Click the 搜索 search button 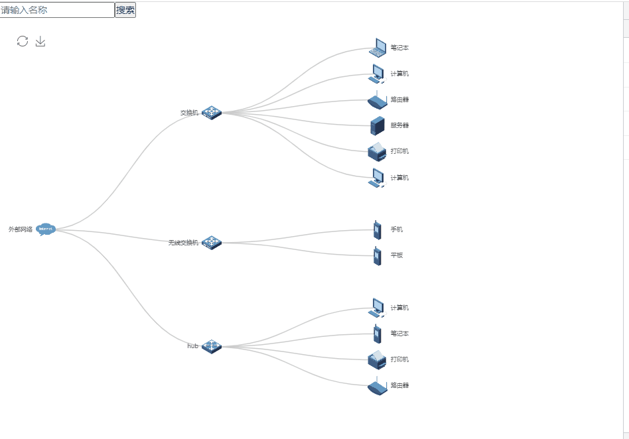125,10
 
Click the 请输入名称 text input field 57,10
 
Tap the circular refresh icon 23,42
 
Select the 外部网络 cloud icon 45,229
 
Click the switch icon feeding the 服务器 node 212,113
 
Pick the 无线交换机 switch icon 212,243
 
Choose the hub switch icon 212,346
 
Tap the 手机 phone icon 377,229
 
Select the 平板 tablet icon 377,256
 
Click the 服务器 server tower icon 378,125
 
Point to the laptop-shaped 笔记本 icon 378,48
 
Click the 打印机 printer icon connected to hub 377,359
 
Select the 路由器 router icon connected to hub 377,386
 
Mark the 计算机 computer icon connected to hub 377,308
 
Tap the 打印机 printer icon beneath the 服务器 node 377,152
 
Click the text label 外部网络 21,229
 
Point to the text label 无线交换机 183,243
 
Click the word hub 192,346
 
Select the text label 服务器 399,125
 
